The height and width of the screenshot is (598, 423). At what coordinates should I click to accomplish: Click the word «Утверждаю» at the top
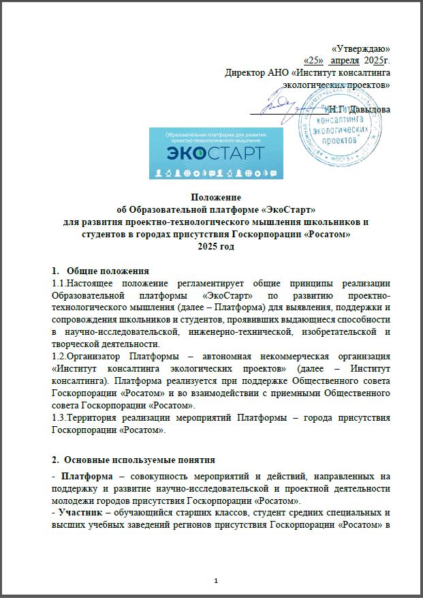tap(360, 49)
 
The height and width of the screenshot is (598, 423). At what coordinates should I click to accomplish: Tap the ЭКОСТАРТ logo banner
tap(216, 153)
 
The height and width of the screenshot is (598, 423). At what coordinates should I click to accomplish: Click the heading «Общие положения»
tap(108, 271)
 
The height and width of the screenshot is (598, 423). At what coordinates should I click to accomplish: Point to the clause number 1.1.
tap(59, 283)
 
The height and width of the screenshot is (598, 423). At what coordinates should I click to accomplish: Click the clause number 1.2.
tap(59, 357)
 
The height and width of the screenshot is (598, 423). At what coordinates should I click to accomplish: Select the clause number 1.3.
tap(59, 418)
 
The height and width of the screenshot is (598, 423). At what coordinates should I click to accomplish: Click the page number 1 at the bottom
tap(215, 580)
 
